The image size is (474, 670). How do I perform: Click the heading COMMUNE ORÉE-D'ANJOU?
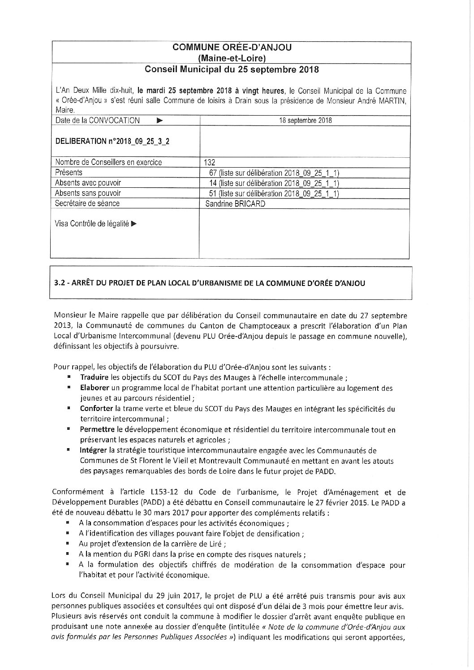pyautogui.click(x=232, y=48)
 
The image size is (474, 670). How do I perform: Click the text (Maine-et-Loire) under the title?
pyautogui.click(x=232, y=58)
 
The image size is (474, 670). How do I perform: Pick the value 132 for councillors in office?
pyautogui.click(x=210, y=162)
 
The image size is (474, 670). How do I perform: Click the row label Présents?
pyautogui.click(x=69, y=173)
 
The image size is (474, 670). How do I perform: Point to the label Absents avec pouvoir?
pyautogui.click(x=88, y=183)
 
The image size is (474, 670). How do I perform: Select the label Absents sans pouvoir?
pyautogui.click(x=87, y=193)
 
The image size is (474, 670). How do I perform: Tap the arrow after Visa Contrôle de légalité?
pyautogui.click(x=134, y=224)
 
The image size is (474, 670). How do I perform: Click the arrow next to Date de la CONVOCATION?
pyautogui.click(x=160, y=121)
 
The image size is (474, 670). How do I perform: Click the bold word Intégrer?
pyautogui.click(x=93, y=450)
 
